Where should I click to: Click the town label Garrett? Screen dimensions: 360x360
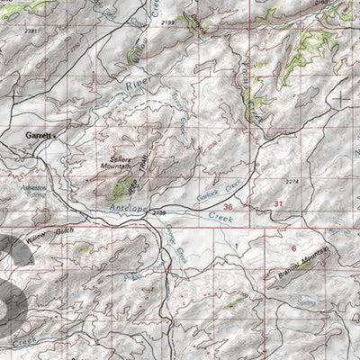coord(38,136)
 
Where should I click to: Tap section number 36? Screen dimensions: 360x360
coord(228,207)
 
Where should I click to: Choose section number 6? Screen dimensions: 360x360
coord(292,247)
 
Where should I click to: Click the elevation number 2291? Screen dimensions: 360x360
coord(32,31)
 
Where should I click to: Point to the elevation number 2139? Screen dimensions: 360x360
coord(160,211)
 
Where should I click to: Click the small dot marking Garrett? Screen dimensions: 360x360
coord(55,137)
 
